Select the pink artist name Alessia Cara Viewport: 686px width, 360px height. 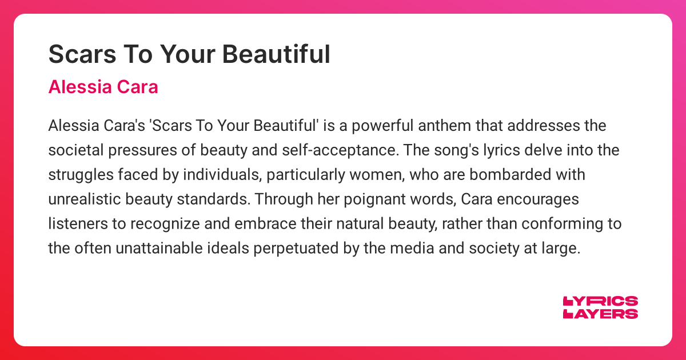point(103,87)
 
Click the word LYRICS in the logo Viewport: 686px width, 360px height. point(600,301)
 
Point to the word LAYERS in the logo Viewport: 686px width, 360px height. point(600,314)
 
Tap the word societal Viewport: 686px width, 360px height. point(71,150)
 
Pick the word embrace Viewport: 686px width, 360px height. point(286,224)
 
